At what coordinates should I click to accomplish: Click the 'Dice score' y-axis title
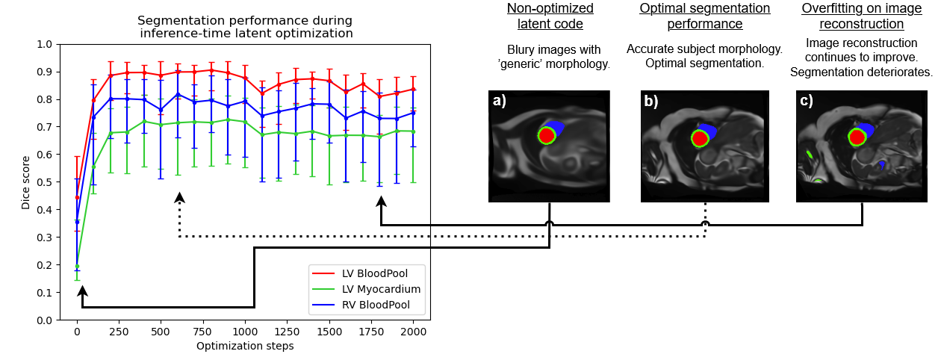tap(26, 181)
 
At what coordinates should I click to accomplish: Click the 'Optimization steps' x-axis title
tap(245, 346)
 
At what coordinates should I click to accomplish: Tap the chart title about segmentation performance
tap(246, 26)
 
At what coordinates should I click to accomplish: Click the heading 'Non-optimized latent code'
tap(550, 16)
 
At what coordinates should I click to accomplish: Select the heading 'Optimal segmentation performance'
tap(704, 16)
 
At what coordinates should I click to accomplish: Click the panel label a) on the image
tap(499, 101)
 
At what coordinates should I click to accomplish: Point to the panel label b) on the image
tap(652, 101)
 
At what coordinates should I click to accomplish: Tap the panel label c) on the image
tap(807, 101)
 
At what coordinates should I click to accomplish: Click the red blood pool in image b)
tap(700, 138)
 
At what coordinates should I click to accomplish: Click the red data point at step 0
tap(77, 198)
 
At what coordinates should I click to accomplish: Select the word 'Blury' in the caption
tap(512, 50)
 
